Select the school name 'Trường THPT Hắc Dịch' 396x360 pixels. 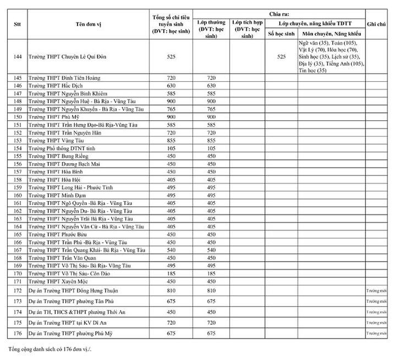click(54, 86)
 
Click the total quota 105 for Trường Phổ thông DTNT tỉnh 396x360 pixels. click(171, 148)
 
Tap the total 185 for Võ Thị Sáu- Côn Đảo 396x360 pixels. click(171, 273)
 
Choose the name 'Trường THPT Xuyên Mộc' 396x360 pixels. click(56, 281)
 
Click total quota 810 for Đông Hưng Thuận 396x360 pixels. click(171, 290)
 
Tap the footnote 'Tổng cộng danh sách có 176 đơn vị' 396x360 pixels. click(52, 350)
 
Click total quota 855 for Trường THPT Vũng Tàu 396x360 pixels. click(171, 141)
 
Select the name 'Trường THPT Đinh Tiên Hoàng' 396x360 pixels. click(61, 78)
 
